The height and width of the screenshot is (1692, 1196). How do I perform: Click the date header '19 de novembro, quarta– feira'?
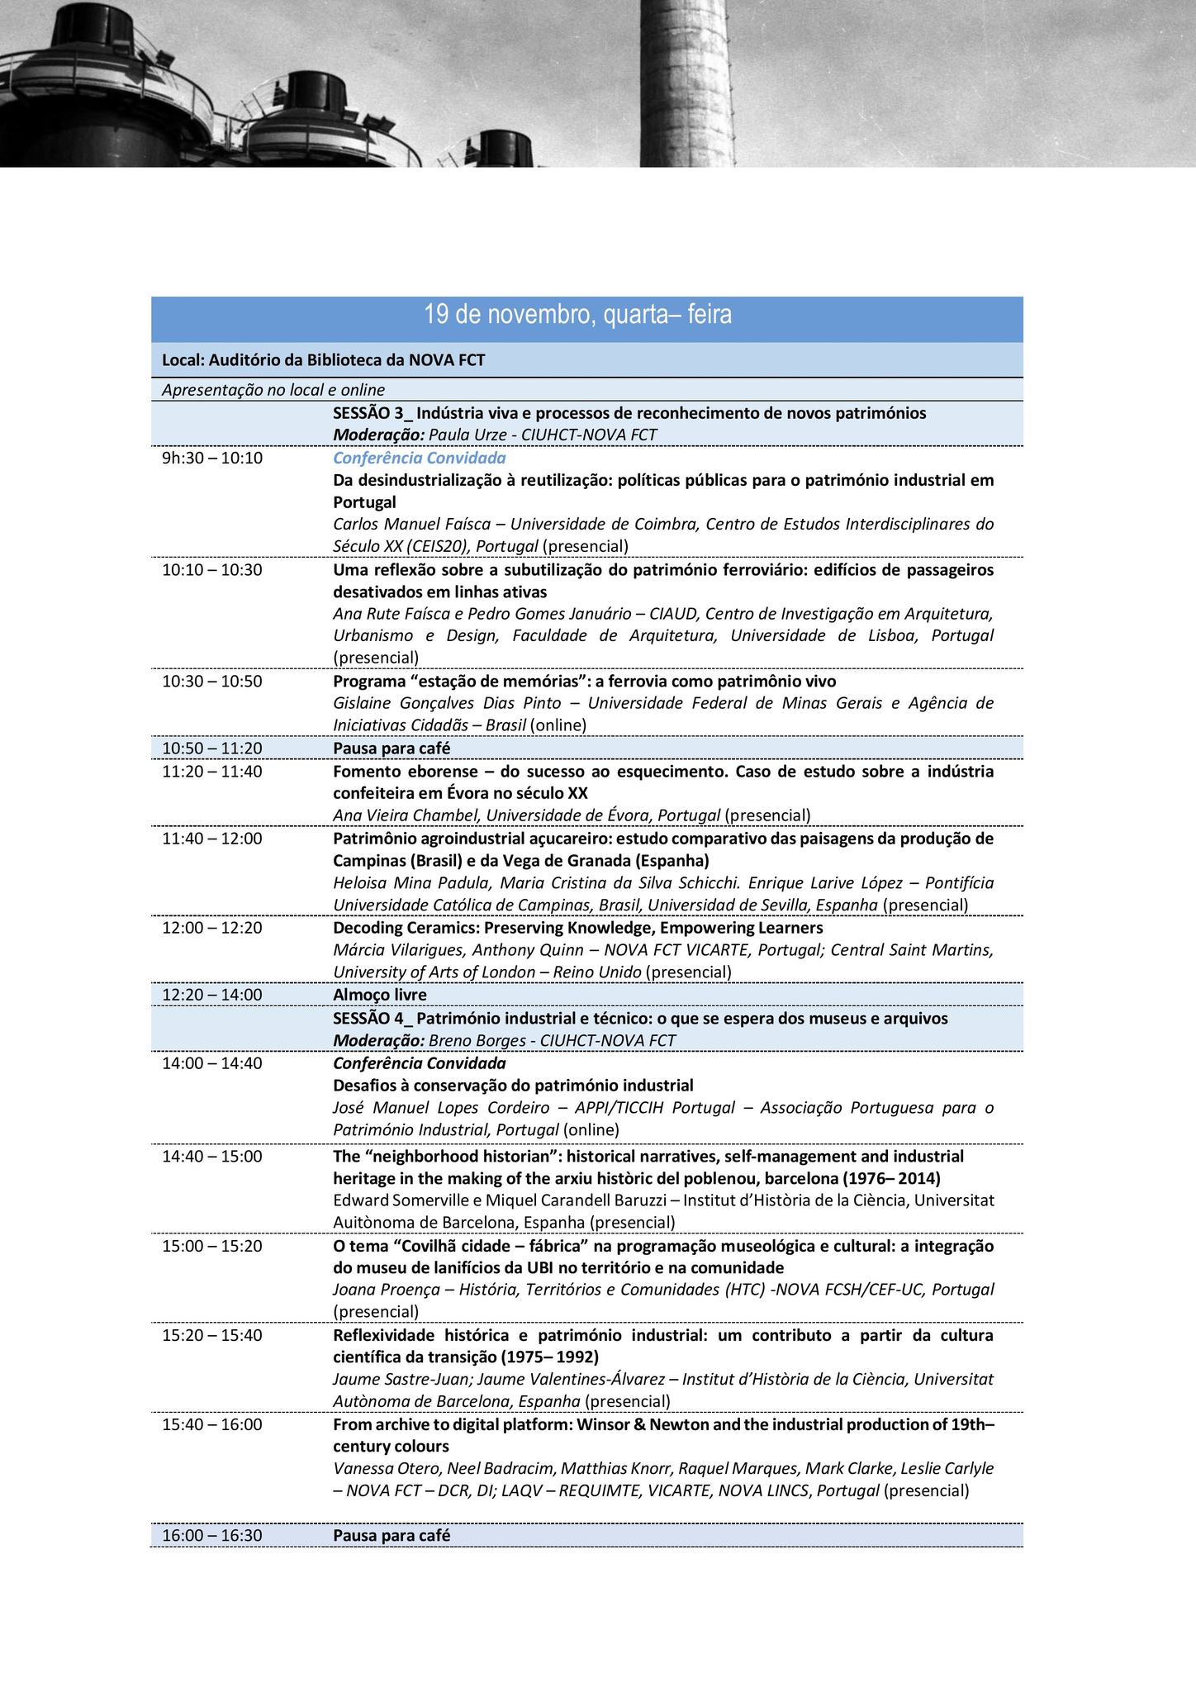click(577, 315)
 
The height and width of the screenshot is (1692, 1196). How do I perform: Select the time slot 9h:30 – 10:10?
click(212, 458)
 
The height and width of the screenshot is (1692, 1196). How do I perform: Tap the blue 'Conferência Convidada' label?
click(420, 458)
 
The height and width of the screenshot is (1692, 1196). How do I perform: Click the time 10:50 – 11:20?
click(212, 748)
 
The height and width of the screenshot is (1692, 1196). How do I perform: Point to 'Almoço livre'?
click(380, 995)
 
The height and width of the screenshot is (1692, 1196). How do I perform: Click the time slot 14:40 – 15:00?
click(212, 1156)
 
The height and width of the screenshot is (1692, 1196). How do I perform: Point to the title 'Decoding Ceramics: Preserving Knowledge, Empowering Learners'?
click(578, 928)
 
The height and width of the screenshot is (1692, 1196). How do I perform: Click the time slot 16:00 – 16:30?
click(212, 1535)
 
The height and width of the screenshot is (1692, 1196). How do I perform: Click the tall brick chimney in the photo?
click(687, 83)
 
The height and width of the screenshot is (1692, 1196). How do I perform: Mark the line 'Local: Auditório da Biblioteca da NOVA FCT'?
click(324, 360)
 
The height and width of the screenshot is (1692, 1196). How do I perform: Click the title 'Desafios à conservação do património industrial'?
click(513, 1085)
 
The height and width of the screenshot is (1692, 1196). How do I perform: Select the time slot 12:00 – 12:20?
click(212, 928)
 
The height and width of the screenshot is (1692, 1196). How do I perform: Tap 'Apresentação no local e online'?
click(273, 389)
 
